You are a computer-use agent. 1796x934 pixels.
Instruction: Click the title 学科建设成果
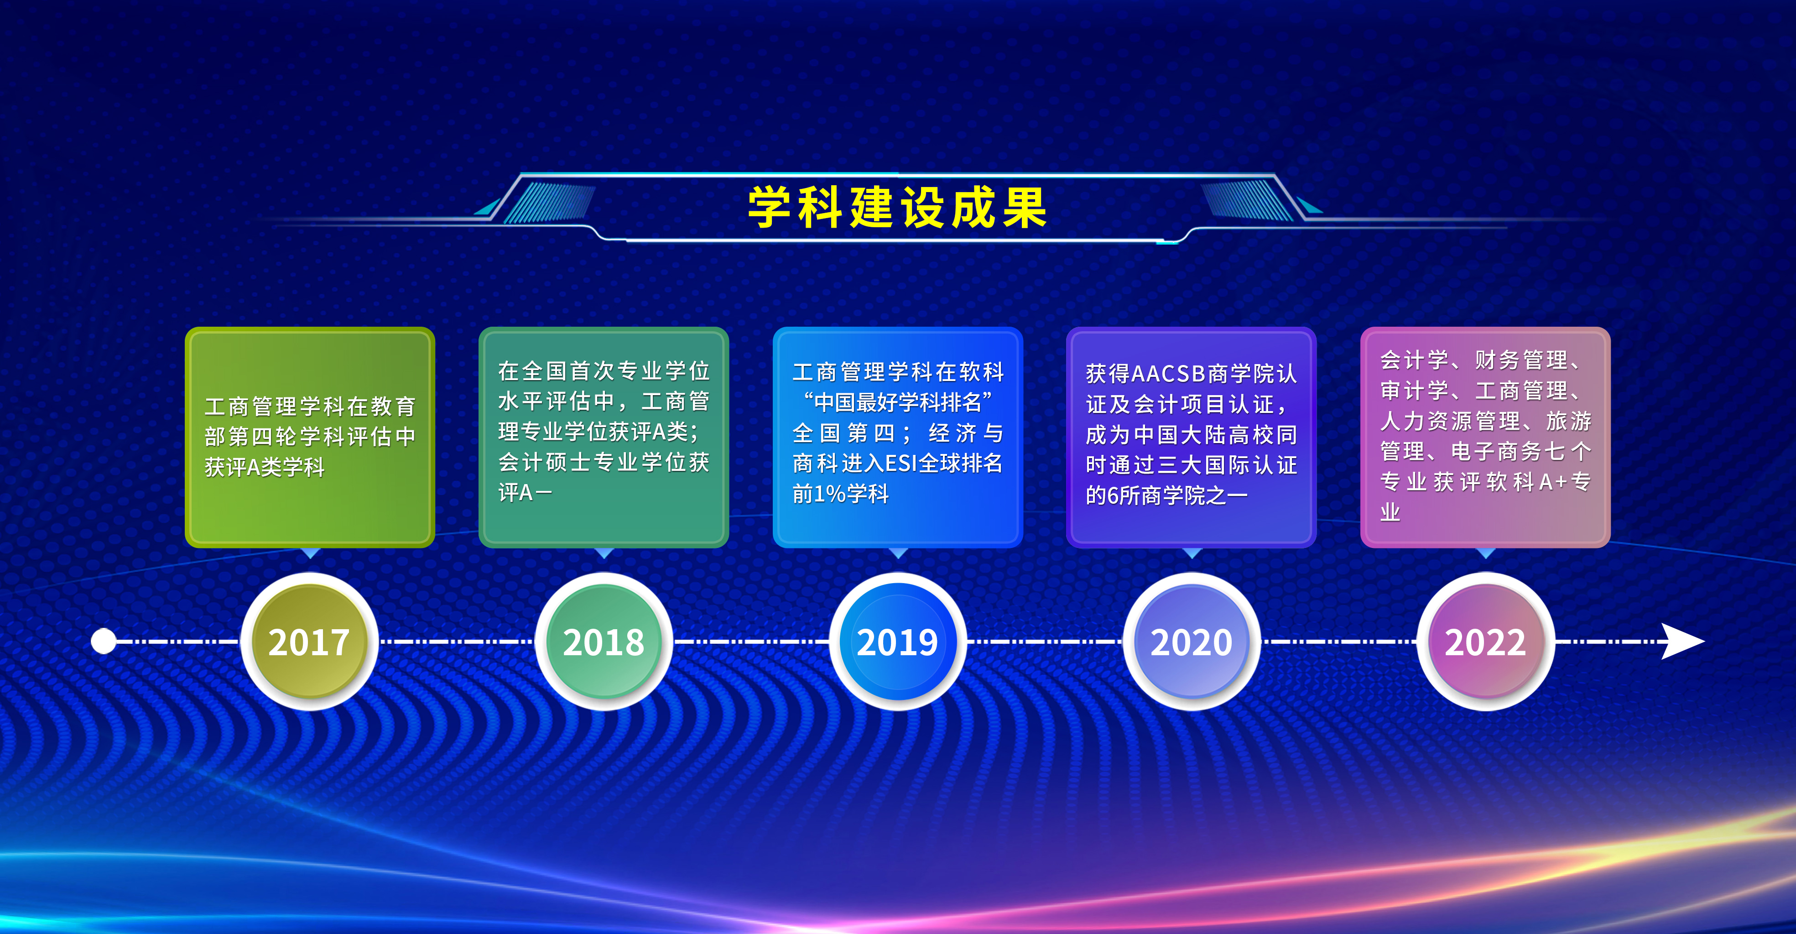click(897, 207)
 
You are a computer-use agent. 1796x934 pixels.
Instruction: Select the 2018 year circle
click(604, 641)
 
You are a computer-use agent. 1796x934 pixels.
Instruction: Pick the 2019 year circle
click(898, 641)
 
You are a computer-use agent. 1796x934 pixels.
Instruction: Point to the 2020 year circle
click(1192, 641)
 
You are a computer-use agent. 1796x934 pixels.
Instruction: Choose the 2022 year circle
click(1486, 641)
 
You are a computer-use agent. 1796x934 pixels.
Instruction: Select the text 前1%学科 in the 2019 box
click(841, 494)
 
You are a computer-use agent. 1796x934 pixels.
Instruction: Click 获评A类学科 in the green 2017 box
click(265, 467)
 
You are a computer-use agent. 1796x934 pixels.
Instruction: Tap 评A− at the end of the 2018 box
click(525, 492)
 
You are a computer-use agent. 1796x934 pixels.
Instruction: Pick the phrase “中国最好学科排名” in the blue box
click(898, 402)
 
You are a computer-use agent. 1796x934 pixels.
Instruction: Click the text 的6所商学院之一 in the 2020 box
click(1166, 495)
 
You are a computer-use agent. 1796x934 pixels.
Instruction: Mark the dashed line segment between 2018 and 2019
click(751, 641)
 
